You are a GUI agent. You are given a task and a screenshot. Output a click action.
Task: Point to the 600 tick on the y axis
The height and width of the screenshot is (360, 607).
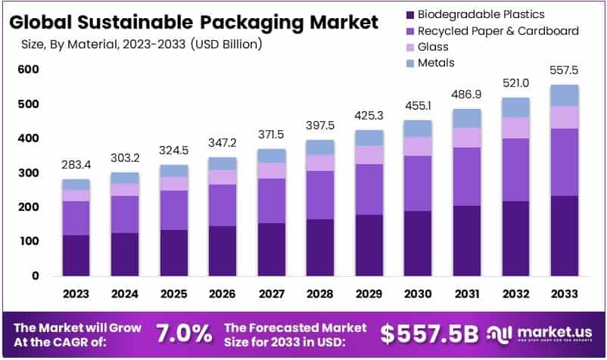[29, 70]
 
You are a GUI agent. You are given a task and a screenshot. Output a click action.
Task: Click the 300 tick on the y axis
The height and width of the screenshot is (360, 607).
[29, 173]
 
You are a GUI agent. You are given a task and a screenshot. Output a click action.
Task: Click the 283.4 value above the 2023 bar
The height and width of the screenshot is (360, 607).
[76, 166]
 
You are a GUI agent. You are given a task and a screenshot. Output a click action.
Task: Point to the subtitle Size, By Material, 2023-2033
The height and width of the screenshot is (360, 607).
[140, 45]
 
